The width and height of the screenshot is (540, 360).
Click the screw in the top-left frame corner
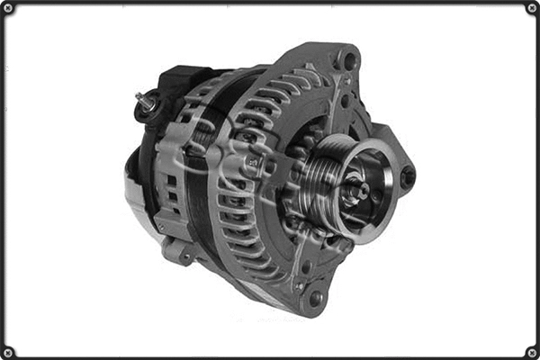click(x=8, y=8)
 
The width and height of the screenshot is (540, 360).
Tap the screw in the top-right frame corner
click(x=531, y=8)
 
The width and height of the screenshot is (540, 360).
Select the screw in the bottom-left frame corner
click(x=8, y=351)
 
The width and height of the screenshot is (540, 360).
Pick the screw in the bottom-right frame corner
click(x=531, y=351)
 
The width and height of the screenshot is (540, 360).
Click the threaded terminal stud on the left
click(x=144, y=100)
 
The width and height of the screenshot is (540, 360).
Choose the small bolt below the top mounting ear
click(x=345, y=101)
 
